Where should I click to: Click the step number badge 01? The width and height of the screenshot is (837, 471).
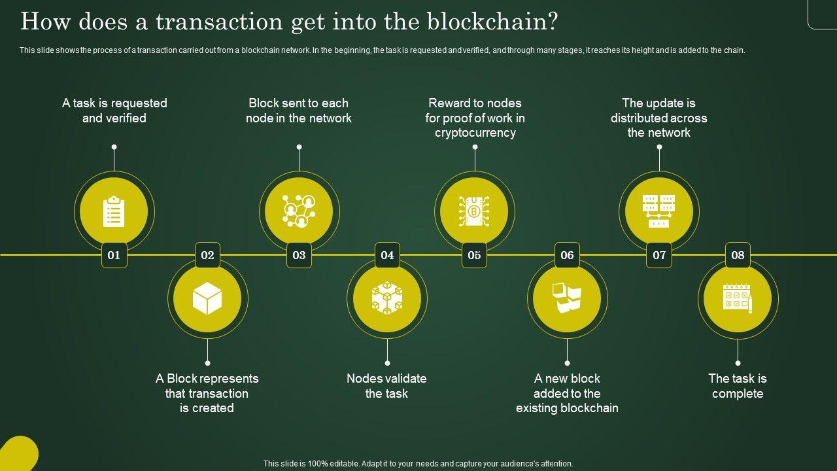[114, 255]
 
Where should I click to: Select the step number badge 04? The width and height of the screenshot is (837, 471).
[387, 255]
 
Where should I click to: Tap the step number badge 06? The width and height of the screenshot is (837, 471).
[567, 255]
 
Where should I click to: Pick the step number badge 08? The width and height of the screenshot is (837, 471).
[738, 255]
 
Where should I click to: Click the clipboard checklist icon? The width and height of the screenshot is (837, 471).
[114, 211]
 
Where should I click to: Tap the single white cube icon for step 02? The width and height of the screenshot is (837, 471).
[207, 299]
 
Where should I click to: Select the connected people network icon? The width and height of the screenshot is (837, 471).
[299, 211]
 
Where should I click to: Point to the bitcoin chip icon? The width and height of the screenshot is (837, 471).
[474, 211]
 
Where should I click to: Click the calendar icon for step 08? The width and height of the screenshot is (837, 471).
[738, 298]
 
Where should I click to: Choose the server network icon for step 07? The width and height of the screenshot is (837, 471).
[659, 211]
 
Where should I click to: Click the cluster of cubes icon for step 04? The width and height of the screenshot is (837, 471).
[387, 298]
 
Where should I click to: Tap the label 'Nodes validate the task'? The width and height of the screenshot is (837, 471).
[386, 386]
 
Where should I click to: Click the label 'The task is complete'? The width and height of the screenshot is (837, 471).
[738, 386]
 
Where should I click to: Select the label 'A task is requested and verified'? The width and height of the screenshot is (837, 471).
[114, 111]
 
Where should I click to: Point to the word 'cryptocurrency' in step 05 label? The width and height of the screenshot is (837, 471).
[475, 133]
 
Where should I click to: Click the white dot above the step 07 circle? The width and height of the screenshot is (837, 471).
[659, 147]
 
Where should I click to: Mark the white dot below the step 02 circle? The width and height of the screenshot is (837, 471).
[207, 362]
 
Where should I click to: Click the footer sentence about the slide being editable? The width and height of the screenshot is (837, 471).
[418, 464]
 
